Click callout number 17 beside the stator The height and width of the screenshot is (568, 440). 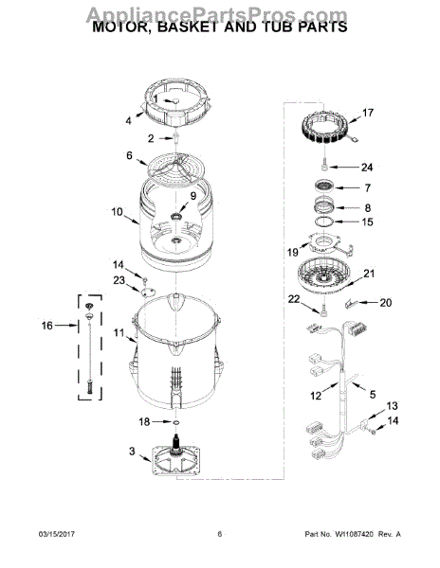[x=369, y=112]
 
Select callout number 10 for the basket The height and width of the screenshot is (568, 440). [x=118, y=212]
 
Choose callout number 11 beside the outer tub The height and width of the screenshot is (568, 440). [x=119, y=333]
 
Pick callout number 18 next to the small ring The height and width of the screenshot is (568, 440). [x=144, y=421]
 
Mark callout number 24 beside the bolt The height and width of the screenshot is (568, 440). [x=368, y=168]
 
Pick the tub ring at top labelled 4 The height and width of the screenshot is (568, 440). [x=174, y=110]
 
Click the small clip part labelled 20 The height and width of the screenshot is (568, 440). [x=353, y=304]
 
